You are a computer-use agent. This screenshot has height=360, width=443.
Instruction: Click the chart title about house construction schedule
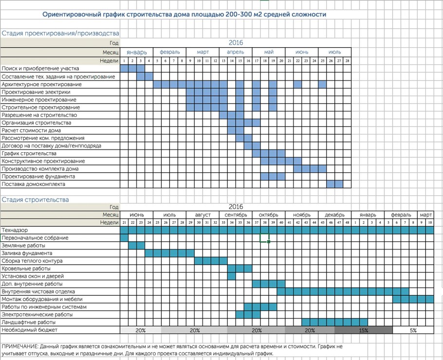coord(184,15)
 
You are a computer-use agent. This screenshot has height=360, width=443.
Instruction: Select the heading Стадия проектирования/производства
coord(60,34)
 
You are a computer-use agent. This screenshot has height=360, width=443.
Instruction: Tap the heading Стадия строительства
coord(36,199)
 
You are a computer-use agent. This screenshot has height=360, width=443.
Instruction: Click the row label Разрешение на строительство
coord(39,115)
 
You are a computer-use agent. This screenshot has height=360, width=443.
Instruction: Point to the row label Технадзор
coord(15,230)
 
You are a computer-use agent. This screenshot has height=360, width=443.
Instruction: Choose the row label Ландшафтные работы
coord(29,322)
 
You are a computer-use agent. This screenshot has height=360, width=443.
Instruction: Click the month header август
coord(203,215)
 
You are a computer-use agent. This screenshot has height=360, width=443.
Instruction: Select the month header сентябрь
coord(236,215)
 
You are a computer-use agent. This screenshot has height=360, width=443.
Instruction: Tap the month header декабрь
coord(335,215)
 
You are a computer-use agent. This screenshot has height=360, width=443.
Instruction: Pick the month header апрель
coord(236,52)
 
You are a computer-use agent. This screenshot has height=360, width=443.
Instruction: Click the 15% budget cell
coord(363,330)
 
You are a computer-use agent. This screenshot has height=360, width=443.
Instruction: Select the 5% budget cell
coord(413,330)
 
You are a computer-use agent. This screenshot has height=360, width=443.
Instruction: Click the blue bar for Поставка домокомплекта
coord(335,184)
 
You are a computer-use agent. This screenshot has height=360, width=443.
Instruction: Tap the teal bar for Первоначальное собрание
coord(124,238)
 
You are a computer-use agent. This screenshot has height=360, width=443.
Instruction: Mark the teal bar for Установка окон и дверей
coord(232,276)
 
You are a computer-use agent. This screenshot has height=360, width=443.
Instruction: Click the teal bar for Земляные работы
coord(137,246)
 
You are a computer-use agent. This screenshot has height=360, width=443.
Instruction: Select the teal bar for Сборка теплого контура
coord(211,261)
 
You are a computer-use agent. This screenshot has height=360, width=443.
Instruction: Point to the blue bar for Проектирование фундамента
coord(273,177)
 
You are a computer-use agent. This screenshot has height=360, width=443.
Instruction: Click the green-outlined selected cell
coord(264,238)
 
